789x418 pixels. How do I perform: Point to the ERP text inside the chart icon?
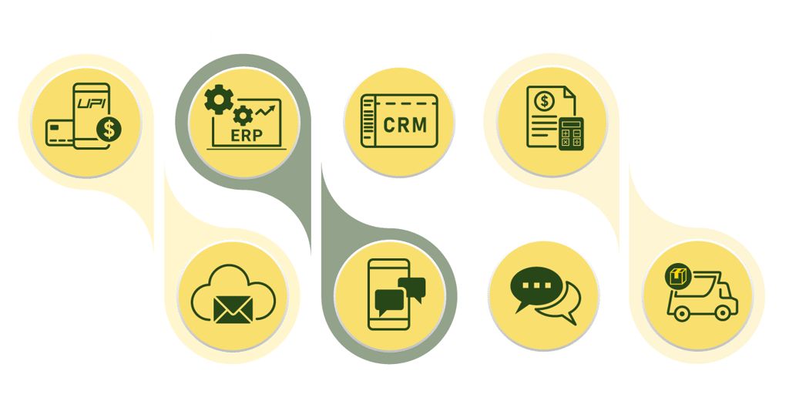[246, 135]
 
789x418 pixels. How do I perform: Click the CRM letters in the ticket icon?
[405, 123]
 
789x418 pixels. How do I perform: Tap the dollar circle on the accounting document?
[545, 101]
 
